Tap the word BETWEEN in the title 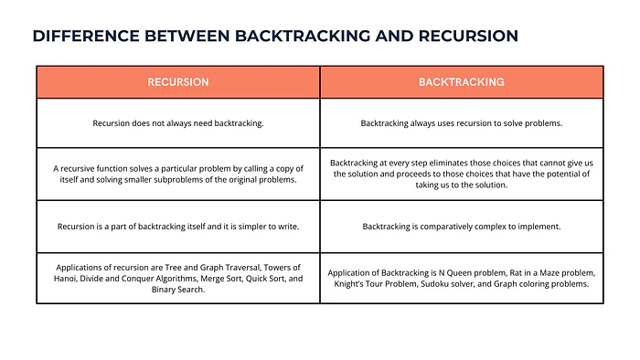coord(187,36)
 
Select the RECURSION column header coord(178,82)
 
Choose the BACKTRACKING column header coord(462,82)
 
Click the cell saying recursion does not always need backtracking coord(178,123)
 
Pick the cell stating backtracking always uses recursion coord(462,123)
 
